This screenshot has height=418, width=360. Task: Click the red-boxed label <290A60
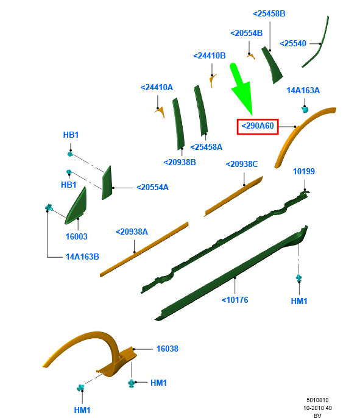pyautogui.click(x=258, y=127)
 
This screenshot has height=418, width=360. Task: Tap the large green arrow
pyautogui.click(x=241, y=87)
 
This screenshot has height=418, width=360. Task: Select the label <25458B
pyautogui.click(x=269, y=13)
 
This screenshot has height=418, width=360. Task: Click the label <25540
pyautogui.click(x=293, y=43)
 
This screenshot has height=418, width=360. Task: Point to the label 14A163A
pyautogui.click(x=303, y=91)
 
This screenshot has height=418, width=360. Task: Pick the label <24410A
pyautogui.click(x=157, y=88)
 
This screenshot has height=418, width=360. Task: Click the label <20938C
pyautogui.click(x=242, y=165)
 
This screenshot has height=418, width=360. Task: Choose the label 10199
pyautogui.click(x=304, y=171)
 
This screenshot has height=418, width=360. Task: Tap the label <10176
pyautogui.click(x=235, y=300)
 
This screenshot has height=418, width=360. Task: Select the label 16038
pyautogui.click(x=168, y=349)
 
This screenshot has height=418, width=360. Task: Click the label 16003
pyautogui.click(x=77, y=236)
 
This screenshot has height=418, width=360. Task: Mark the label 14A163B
pyautogui.click(x=82, y=257)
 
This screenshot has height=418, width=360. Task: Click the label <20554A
pyautogui.click(x=152, y=188)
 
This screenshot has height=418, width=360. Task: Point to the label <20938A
pyautogui.click(x=132, y=232)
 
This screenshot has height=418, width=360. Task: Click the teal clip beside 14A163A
pyautogui.click(x=305, y=109)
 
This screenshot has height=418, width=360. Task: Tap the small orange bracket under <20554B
pyautogui.click(x=251, y=56)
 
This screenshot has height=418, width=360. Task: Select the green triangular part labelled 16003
pyautogui.click(x=77, y=207)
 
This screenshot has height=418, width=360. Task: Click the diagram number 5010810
pyautogui.click(x=317, y=400)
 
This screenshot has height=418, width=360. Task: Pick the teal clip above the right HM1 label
pyautogui.click(x=299, y=278)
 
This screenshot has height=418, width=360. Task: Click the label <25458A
pyautogui.click(x=206, y=147)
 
